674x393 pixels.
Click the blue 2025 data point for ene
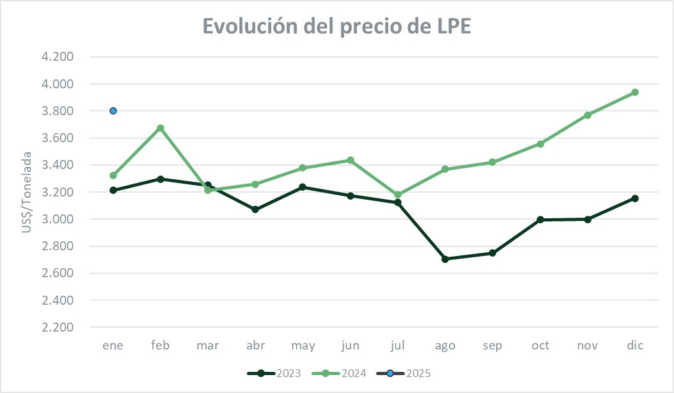(x=113, y=111)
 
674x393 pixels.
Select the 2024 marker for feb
(x=161, y=128)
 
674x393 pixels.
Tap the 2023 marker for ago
(x=445, y=259)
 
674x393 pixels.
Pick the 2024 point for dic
(x=635, y=92)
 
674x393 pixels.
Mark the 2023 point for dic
(x=635, y=198)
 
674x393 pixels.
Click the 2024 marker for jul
(x=398, y=195)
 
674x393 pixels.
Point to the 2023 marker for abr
(x=255, y=209)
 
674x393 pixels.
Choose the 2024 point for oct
(x=540, y=144)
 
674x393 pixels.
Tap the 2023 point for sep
(x=492, y=253)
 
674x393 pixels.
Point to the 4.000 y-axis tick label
(x=58, y=84)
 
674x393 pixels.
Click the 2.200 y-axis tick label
(x=58, y=327)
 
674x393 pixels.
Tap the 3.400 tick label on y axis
(x=58, y=165)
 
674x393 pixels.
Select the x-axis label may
(x=302, y=346)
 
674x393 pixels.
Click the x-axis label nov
(x=587, y=346)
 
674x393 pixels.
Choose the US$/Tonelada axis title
(x=27, y=192)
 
